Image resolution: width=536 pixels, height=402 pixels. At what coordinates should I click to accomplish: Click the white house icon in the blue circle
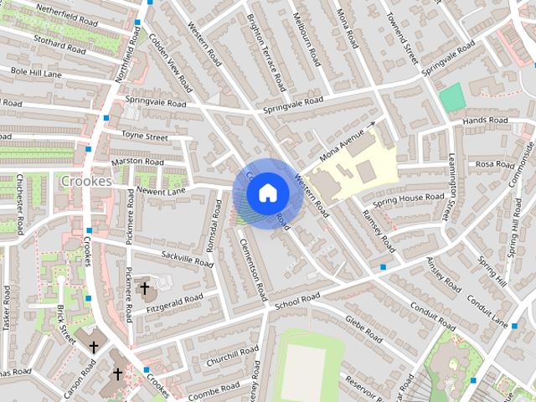coord(267,193)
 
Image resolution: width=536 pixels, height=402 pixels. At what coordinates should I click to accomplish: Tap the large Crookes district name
coord(85,181)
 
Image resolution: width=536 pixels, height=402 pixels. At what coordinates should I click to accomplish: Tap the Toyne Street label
coord(145,135)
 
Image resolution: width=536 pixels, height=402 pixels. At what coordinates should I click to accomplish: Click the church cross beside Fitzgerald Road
coord(144,288)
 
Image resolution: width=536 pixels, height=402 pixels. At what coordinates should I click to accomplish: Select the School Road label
coord(297,299)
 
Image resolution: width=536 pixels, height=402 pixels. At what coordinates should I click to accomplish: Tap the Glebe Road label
coord(363,322)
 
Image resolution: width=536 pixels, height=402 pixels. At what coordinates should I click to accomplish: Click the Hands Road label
coord(486,121)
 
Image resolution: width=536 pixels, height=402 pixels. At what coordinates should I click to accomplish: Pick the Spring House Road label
coord(409,199)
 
